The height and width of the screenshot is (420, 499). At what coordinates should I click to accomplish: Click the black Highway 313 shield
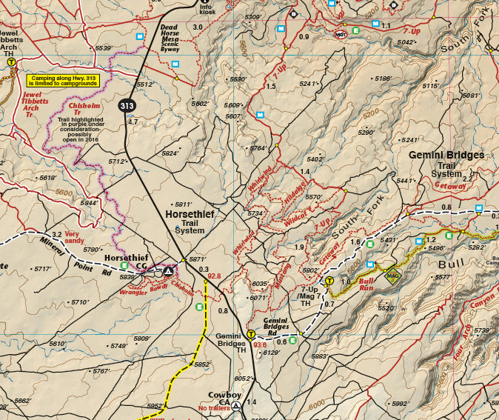point(126,106)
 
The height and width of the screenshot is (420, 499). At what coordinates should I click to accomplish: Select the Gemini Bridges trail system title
point(446,164)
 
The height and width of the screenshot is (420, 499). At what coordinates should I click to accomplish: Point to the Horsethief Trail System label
point(190,221)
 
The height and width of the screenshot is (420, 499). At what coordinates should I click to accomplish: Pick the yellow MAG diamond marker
point(392,277)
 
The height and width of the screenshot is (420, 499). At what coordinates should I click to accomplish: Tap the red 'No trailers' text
point(214,408)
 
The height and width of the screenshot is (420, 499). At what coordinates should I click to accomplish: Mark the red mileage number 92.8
point(215,276)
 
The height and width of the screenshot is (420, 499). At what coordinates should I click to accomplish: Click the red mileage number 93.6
point(260,344)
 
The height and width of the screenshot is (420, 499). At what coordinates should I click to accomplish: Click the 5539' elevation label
point(102,48)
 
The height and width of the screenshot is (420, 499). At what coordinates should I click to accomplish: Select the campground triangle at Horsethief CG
point(168,271)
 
